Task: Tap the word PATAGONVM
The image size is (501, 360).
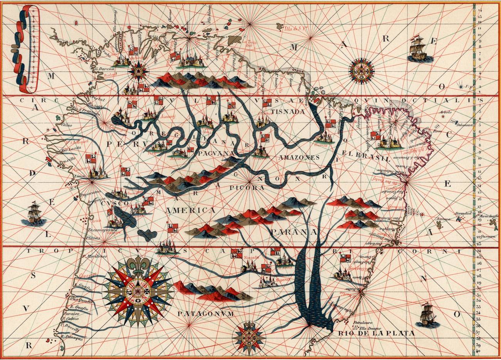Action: point(205,314)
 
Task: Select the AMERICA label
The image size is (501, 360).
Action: point(190,210)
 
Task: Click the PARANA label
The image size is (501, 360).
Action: point(293,232)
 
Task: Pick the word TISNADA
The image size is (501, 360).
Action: point(286,112)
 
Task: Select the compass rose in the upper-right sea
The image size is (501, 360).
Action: point(361,71)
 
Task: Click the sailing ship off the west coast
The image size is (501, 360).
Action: point(34,214)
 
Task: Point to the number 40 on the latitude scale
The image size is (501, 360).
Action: point(478,351)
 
